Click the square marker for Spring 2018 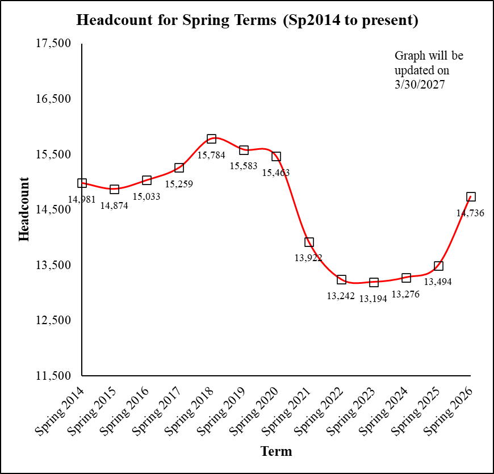pyautogui.click(x=212, y=139)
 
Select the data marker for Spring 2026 pyautogui.click(x=471, y=197)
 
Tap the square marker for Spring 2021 pyautogui.click(x=309, y=242)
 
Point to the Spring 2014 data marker pyautogui.click(x=82, y=183)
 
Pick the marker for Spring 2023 pyautogui.click(x=374, y=283)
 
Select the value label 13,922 pyautogui.click(x=308, y=258)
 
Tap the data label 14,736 pyautogui.click(x=470, y=213)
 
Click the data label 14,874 pyautogui.click(x=114, y=205)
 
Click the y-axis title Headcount pyautogui.click(x=24, y=209)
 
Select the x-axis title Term pyautogui.click(x=276, y=452)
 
